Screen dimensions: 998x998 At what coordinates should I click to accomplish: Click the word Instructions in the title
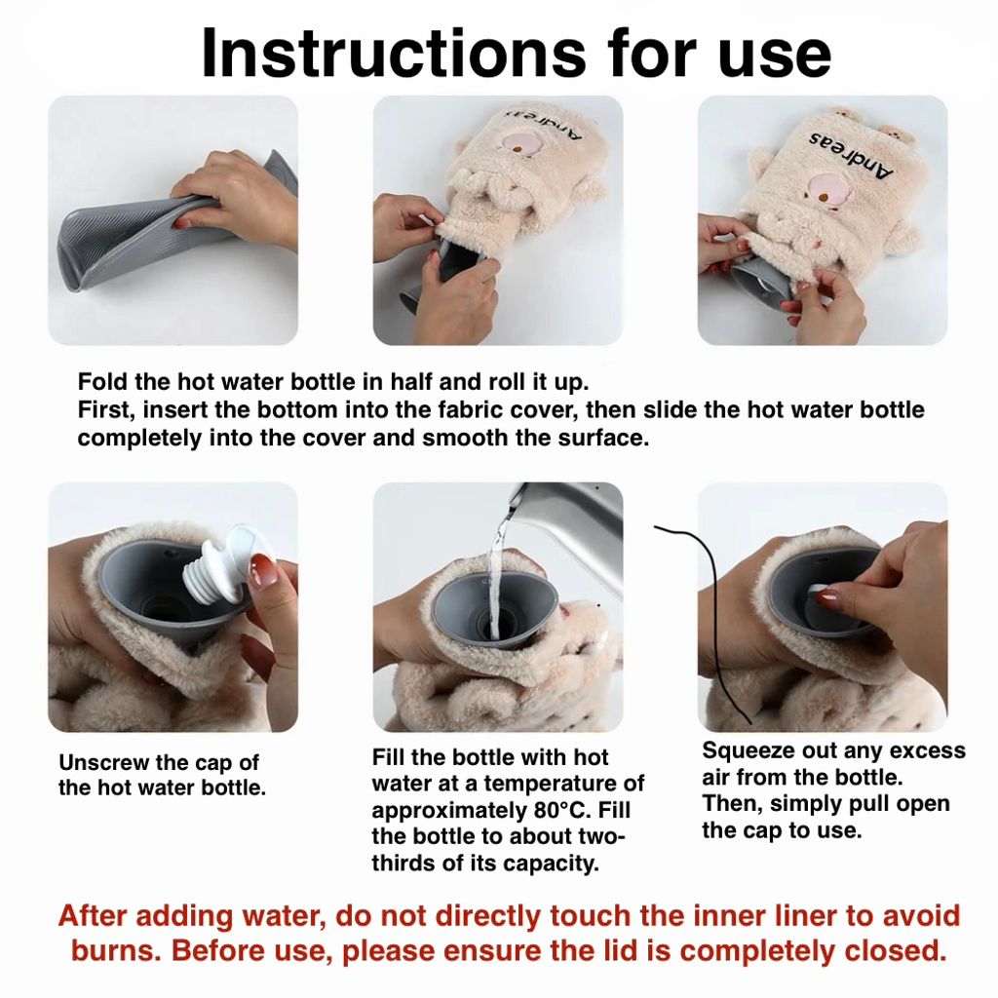click(x=394, y=54)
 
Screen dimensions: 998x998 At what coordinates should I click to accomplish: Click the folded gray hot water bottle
click(x=172, y=222)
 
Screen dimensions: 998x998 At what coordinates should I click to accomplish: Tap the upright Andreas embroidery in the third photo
click(x=851, y=155)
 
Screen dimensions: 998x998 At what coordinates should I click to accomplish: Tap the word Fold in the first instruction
click(x=101, y=382)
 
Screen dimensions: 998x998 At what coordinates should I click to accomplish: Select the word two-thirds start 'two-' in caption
click(x=596, y=836)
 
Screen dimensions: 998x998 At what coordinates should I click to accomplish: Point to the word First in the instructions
click(x=102, y=410)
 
